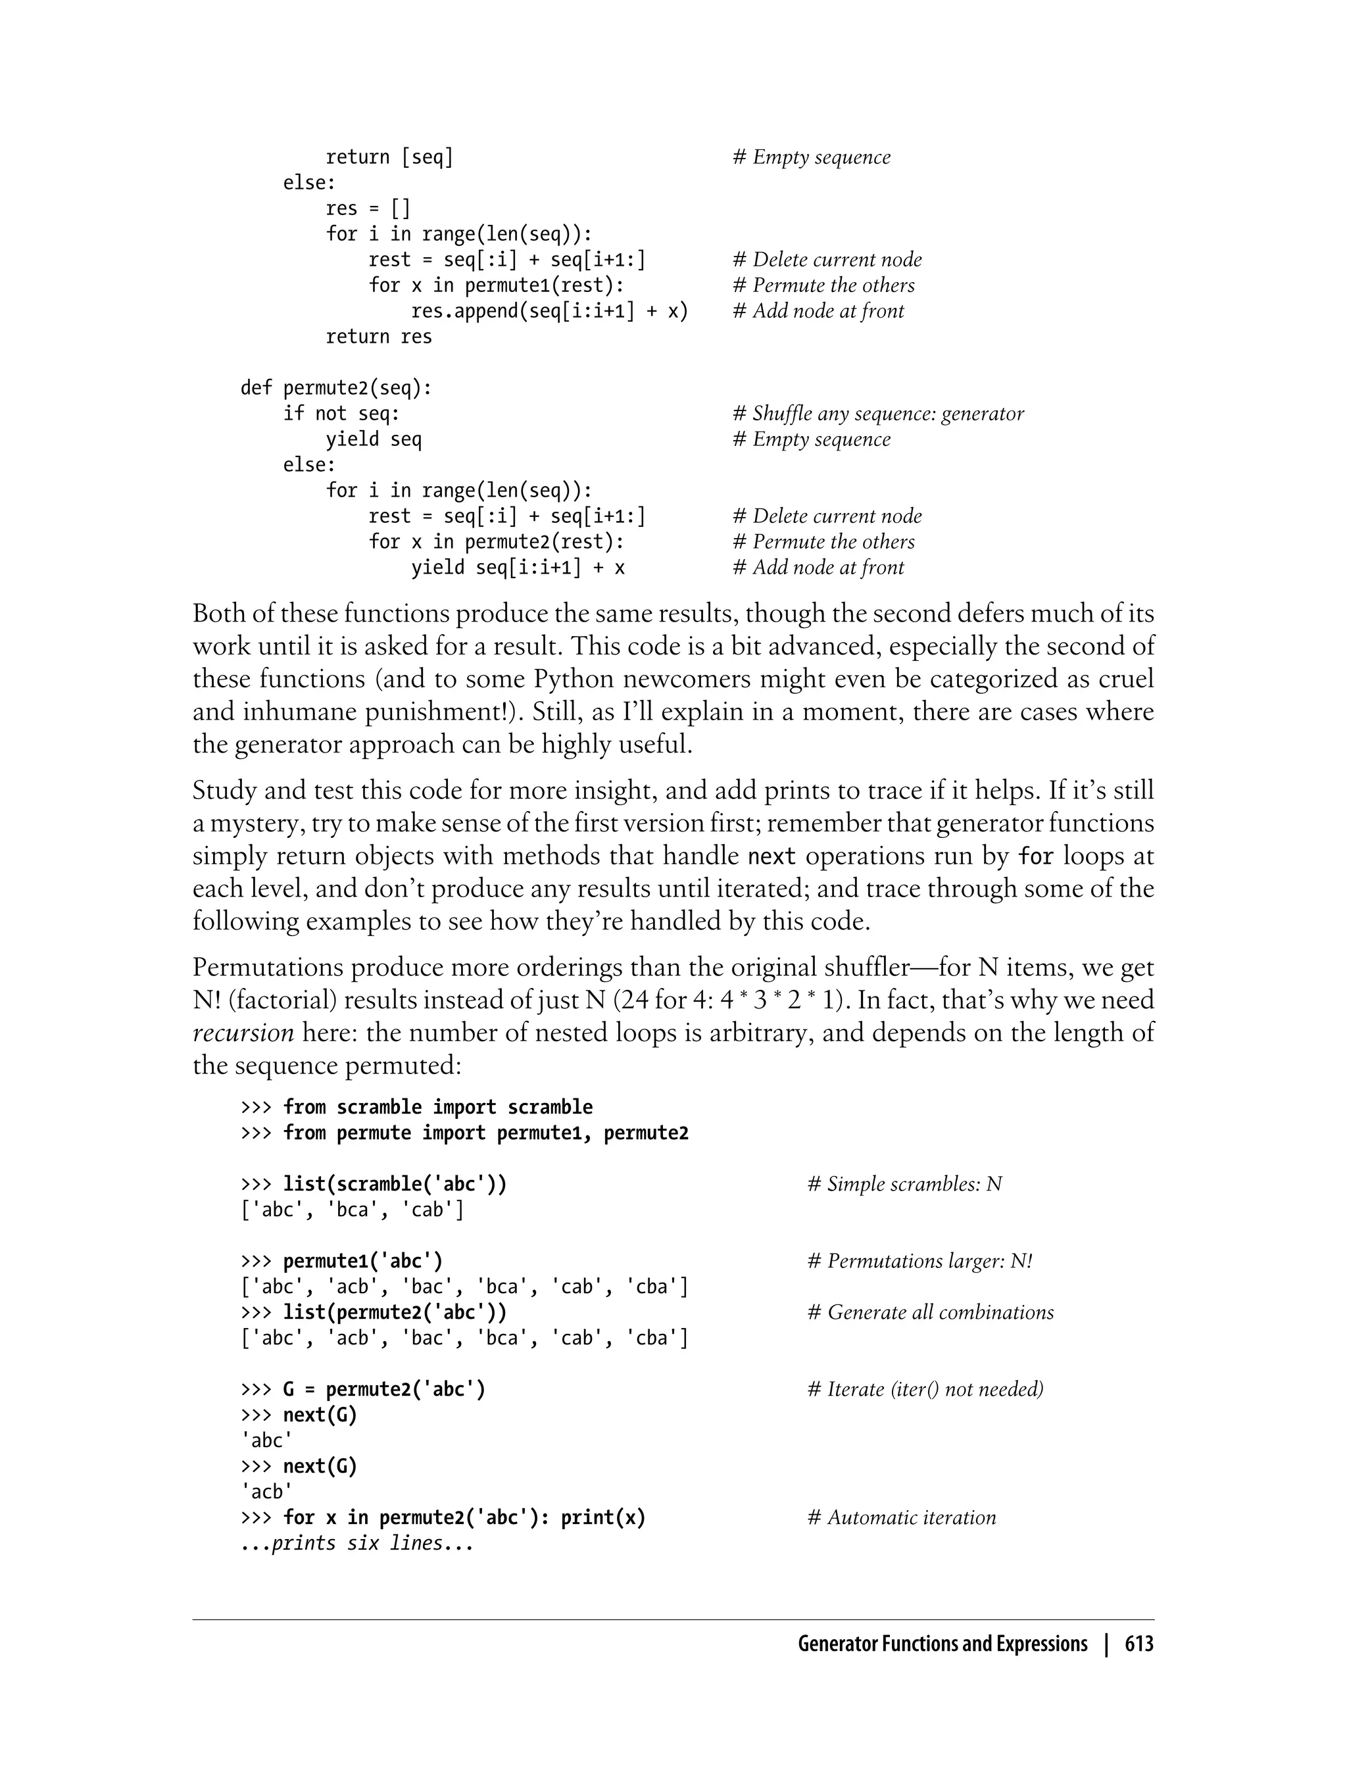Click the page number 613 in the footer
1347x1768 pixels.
[x=1139, y=1644]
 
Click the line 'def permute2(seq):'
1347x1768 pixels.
[x=336, y=388]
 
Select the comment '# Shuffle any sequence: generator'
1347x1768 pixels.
[x=878, y=414]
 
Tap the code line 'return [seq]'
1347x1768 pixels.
[x=389, y=157]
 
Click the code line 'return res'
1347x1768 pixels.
[x=378, y=337]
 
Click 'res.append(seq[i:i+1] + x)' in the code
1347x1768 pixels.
[x=549, y=311]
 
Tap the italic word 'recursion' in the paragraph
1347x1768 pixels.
[x=244, y=1033]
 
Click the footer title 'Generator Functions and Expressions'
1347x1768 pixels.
[x=942, y=1644]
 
